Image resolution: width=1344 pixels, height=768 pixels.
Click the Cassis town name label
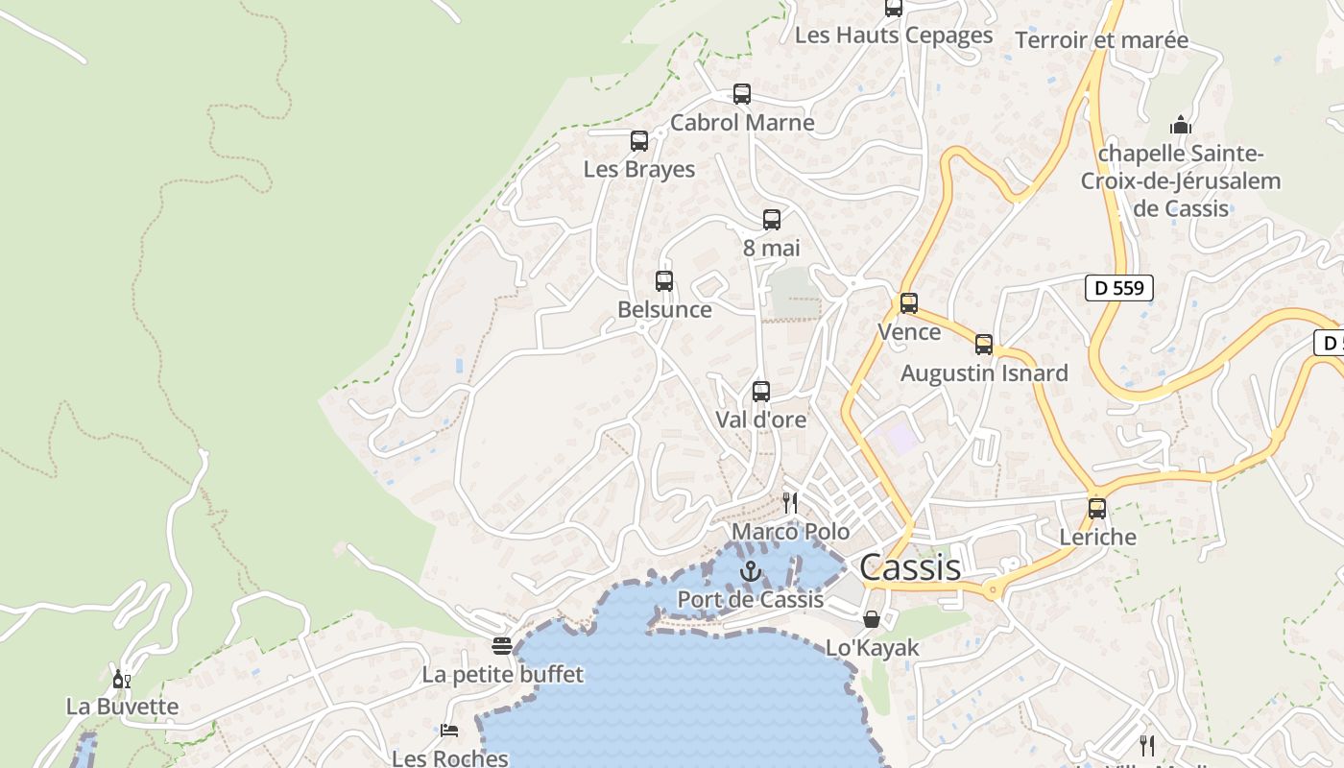point(909,567)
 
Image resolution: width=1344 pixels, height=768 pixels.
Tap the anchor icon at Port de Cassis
point(751,572)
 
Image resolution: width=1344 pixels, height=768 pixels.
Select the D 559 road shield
point(1118,287)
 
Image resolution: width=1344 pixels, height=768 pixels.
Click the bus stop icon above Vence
point(908,303)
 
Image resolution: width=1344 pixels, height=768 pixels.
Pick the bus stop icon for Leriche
point(1096,509)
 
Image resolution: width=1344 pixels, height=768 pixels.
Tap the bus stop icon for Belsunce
point(664,281)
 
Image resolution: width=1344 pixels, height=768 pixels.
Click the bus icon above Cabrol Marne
point(741,94)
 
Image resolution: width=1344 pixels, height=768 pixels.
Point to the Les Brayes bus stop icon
point(639,141)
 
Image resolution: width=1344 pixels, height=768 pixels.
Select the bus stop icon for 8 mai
point(771,220)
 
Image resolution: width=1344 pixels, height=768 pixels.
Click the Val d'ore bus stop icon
point(760,392)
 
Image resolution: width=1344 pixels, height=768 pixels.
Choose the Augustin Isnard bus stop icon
point(983,345)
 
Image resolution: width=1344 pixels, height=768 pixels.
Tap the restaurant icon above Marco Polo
point(790,502)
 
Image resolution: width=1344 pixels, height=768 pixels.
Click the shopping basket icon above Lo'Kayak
point(872,620)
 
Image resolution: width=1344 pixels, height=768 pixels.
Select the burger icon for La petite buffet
point(502,646)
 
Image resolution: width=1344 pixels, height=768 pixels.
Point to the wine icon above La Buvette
point(122,680)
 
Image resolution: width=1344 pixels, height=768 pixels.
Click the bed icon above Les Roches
point(449,731)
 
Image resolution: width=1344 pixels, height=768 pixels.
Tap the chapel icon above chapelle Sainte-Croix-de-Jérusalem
point(1181,125)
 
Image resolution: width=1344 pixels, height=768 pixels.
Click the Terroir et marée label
point(1101,40)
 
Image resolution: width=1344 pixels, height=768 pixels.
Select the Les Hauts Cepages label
point(894,36)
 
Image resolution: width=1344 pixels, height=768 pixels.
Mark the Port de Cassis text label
point(751,599)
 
